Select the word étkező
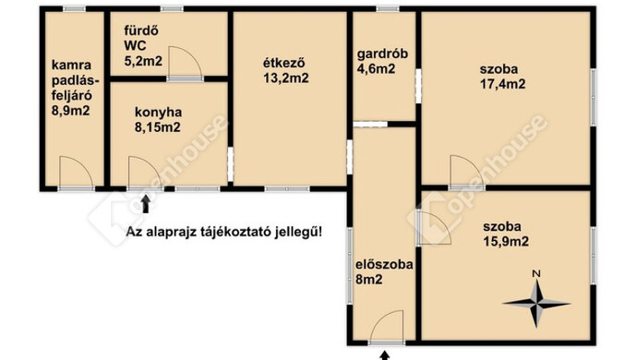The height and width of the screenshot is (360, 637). [285, 63]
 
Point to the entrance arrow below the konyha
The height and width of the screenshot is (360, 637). [143, 202]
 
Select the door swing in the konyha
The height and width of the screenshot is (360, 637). [144, 173]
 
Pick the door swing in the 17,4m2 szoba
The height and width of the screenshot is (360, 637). [462, 172]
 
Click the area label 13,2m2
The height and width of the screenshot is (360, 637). [285, 78]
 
